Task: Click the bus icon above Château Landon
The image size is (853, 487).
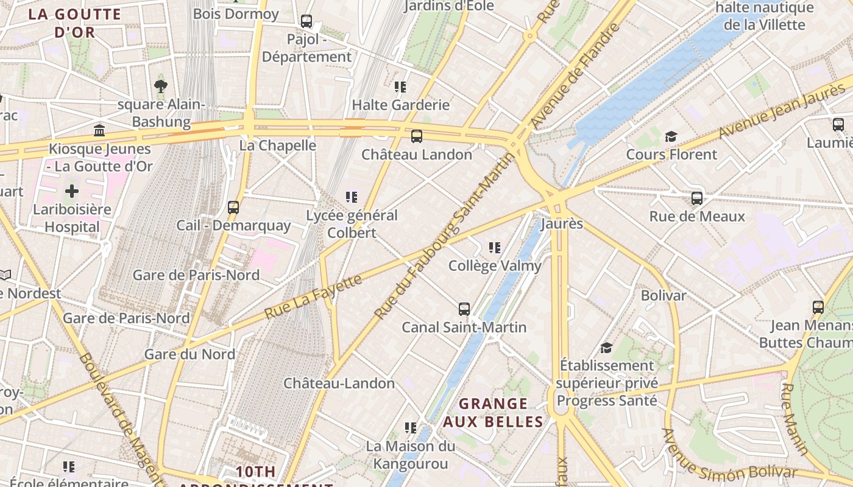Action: click(x=416, y=136)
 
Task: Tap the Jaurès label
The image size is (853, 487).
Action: click(x=561, y=223)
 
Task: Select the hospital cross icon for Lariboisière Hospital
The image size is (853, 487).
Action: click(x=72, y=191)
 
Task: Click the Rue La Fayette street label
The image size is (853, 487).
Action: click(x=314, y=297)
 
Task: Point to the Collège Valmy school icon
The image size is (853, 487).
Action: click(x=495, y=248)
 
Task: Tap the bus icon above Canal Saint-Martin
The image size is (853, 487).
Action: click(x=464, y=309)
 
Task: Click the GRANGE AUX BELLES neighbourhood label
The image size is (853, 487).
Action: click(x=493, y=412)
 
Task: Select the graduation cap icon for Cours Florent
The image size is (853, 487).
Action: click(x=671, y=136)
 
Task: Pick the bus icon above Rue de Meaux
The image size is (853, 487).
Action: click(x=697, y=198)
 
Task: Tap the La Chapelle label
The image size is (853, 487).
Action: click(x=277, y=145)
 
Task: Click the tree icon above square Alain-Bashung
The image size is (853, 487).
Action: click(x=161, y=86)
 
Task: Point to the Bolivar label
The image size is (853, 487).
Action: click(x=663, y=295)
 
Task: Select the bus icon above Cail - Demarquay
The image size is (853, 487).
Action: click(x=233, y=208)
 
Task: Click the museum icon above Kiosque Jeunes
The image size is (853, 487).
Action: click(x=99, y=130)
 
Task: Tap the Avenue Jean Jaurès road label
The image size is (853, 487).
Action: click(x=782, y=111)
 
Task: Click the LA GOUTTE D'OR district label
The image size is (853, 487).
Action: click(x=75, y=23)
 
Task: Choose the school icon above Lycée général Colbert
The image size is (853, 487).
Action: click(x=352, y=197)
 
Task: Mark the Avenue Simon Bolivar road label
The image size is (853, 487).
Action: click(x=728, y=461)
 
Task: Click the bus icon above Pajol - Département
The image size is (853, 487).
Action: click(x=306, y=21)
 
